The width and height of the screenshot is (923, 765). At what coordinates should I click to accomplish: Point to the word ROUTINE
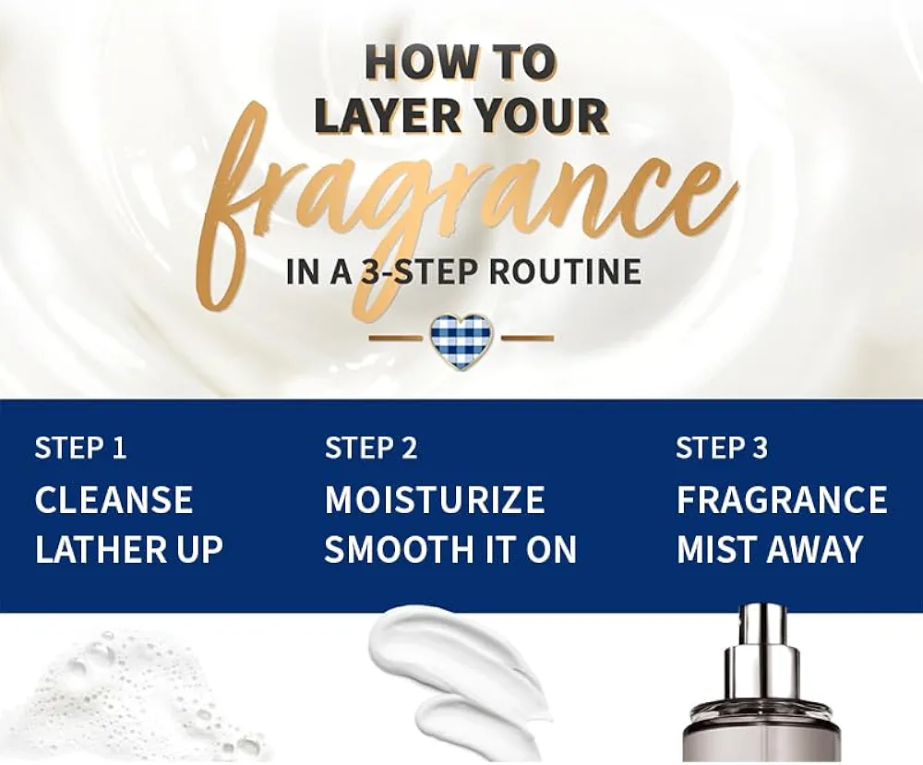pyautogui.click(x=565, y=271)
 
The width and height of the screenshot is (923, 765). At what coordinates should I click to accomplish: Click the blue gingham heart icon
pyautogui.click(x=461, y=341)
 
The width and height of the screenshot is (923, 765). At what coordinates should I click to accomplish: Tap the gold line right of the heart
pyautogui.click(x=527, y=338)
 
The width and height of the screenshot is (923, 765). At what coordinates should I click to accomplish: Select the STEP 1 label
pyautogui.click(x=80, y=448)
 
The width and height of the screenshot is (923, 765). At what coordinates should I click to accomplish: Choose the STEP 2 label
pyautogui.click(x=371, y=448)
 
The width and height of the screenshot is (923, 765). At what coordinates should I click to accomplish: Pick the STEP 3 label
pyautogui.click(x=722, y=448)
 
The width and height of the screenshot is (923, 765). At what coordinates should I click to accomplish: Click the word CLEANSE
pyautogui.click(x=114, y=499)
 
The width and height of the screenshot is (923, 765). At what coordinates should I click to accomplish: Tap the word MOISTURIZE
pyautogui.click(x=435, y=499)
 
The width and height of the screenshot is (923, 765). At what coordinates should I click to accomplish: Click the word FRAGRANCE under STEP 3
pyautogui.click(x=782, y=499)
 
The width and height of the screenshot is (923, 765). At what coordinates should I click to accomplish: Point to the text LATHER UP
pyautogui.click(x=129, y=549)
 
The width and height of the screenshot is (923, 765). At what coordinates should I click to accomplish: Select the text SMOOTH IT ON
pyautogui.click(x=450, y=549)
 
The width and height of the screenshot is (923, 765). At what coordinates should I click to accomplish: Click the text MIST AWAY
pyautogui.click(x=770, y=549)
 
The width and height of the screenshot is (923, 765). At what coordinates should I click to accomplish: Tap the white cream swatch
pyautogui.click(x=459, y=676)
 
